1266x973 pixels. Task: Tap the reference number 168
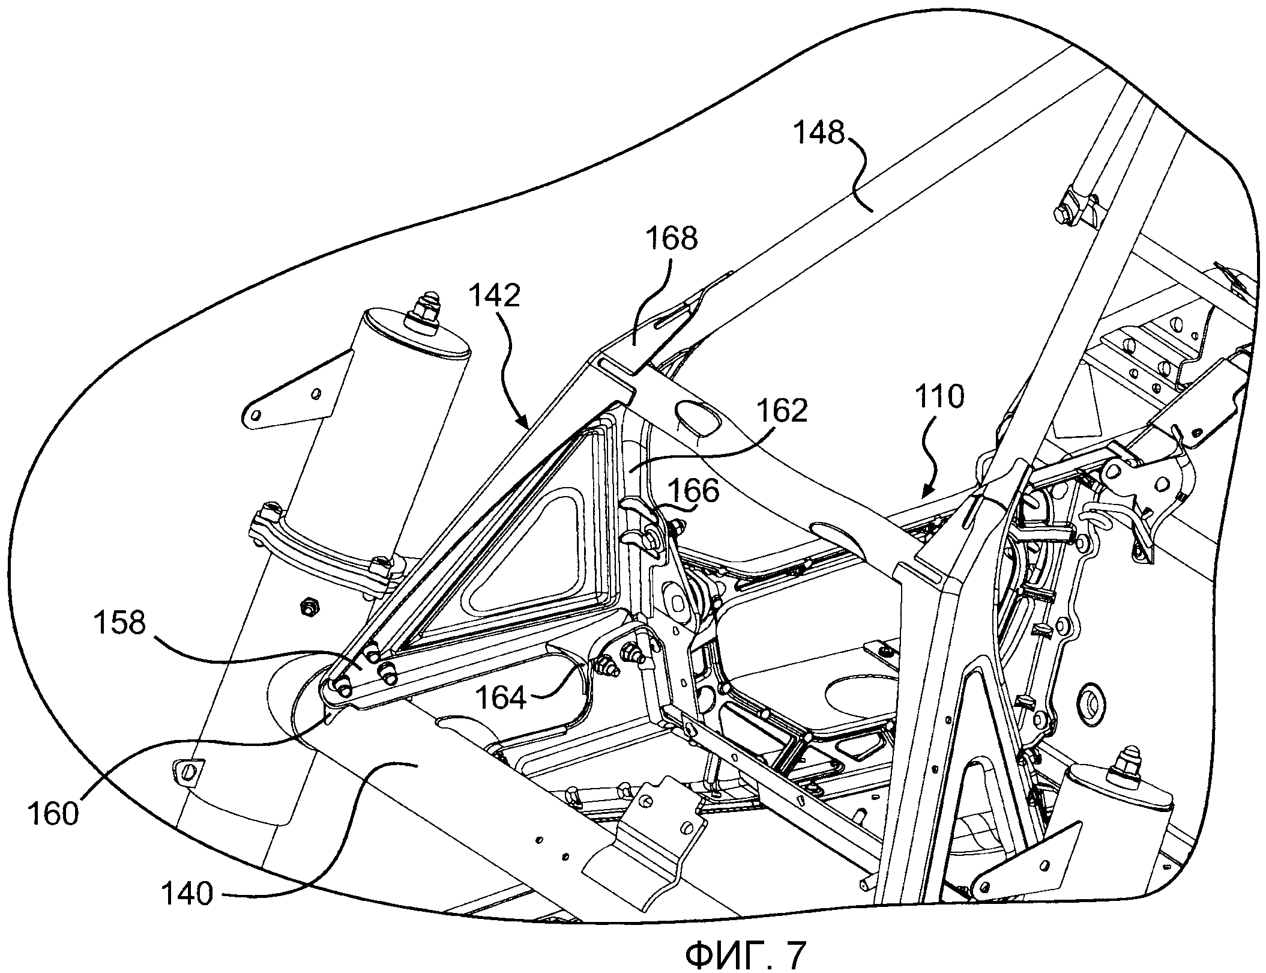pos(672,238)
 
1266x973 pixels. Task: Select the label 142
pos(495,296)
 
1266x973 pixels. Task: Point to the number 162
pos(782,411)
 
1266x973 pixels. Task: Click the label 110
pos(939,397)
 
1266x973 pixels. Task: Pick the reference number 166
pos(693,491)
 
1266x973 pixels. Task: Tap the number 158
pos(120,623)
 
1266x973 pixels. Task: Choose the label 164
pos(501,698)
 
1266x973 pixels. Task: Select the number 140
pos(187,911)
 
